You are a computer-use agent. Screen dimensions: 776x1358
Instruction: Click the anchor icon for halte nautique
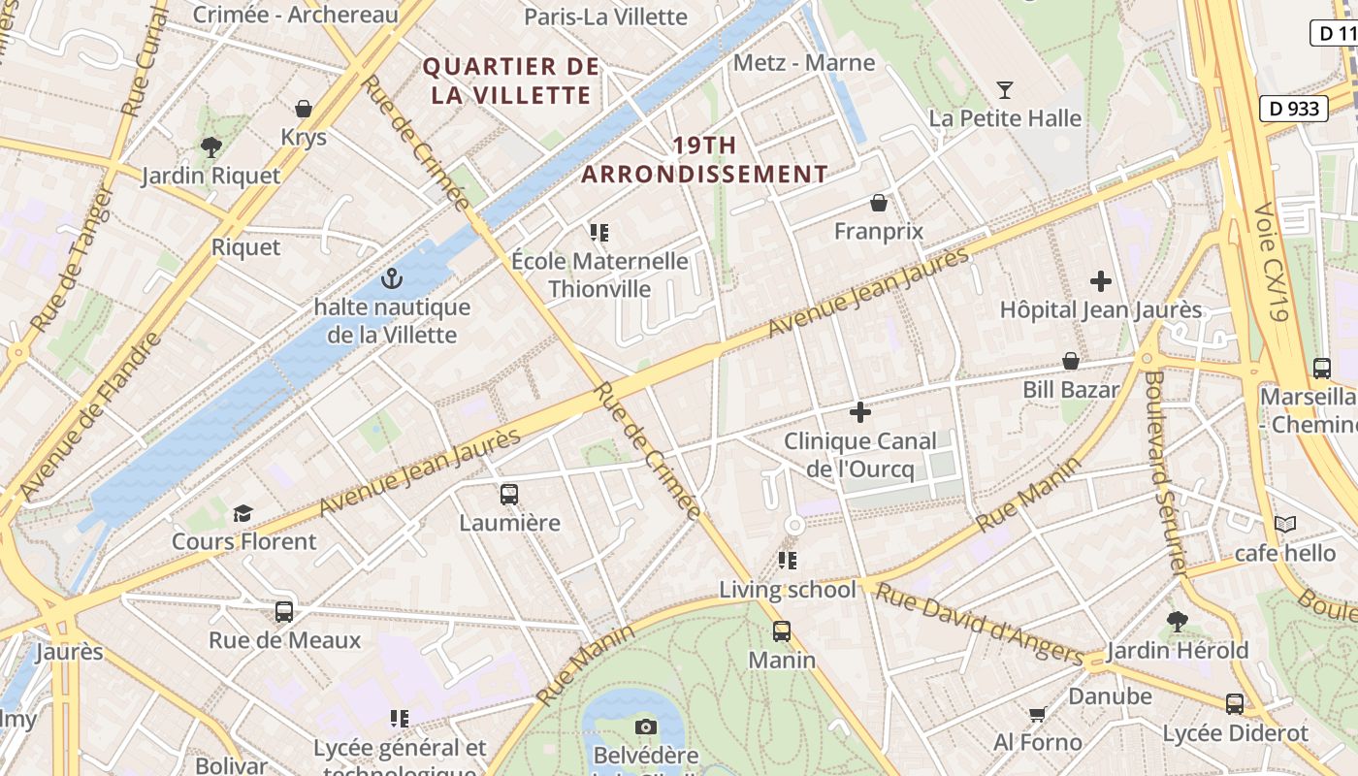coord(392,279)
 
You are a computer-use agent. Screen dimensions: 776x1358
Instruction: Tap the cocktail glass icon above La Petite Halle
coord(1005,90)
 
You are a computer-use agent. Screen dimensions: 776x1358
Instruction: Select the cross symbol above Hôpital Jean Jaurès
coord(1101,281)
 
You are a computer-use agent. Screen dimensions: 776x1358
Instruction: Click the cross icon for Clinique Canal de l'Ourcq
coord(859,412)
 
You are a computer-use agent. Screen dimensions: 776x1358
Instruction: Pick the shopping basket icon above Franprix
coord(879,203)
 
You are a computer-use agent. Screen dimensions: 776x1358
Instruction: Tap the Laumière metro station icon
coord(509,495)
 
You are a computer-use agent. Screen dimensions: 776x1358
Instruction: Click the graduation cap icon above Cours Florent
coord(242,513)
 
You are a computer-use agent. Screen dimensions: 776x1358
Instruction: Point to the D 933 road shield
coord(1294,109)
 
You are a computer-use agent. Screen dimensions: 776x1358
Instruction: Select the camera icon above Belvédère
coord(645,727)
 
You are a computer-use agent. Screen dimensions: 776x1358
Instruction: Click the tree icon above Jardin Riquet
coord(210,147)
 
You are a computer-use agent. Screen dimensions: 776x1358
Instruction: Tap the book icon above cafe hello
coord(1285,525)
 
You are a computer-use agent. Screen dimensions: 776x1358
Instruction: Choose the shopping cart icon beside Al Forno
coord(1037,715)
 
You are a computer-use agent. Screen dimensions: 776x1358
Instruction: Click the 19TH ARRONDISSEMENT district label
coord(704,160)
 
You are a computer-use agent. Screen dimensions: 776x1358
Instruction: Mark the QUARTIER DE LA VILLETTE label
coord(511,81)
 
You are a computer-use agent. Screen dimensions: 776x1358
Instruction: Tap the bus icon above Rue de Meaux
coord(284,612)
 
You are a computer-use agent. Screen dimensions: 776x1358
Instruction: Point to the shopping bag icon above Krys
coord(304,109)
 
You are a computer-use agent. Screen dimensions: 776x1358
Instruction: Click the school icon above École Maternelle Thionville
coord(598,233)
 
